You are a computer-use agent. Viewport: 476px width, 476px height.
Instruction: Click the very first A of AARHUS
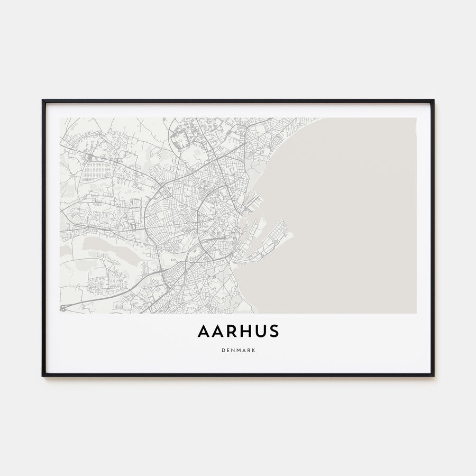[x=204, y=332]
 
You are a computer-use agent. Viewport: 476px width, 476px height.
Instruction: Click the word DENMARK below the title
[x=238, y=350]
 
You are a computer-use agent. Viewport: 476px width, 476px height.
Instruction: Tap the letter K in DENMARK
[x=254, y=350]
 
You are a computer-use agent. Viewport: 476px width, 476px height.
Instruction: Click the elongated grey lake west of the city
[x=106, y=244]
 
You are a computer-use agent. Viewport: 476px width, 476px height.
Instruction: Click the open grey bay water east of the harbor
[x=349, y=212]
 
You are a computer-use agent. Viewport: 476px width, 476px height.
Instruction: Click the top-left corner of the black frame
[x=43, y=100]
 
